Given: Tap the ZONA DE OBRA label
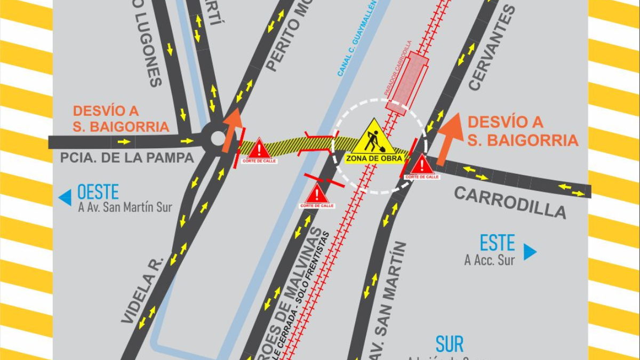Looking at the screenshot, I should click(x=374, y=158).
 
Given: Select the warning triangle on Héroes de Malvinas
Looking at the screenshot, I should click(x=317, y=194).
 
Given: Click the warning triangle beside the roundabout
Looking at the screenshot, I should click(x=259, y=149).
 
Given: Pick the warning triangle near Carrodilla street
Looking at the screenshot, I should click(x=422, y=164).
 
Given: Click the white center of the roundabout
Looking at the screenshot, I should click(x=218, y=138).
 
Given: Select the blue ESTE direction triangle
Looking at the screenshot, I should click(x=530, y=252).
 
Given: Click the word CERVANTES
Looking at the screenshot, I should click(x=492, y=48).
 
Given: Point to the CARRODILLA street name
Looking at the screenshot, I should click(x=510, y=203).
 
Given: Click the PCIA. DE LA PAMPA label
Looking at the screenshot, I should click(x=127, y=158).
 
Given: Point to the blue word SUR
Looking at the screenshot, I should click(x=449, y=345).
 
